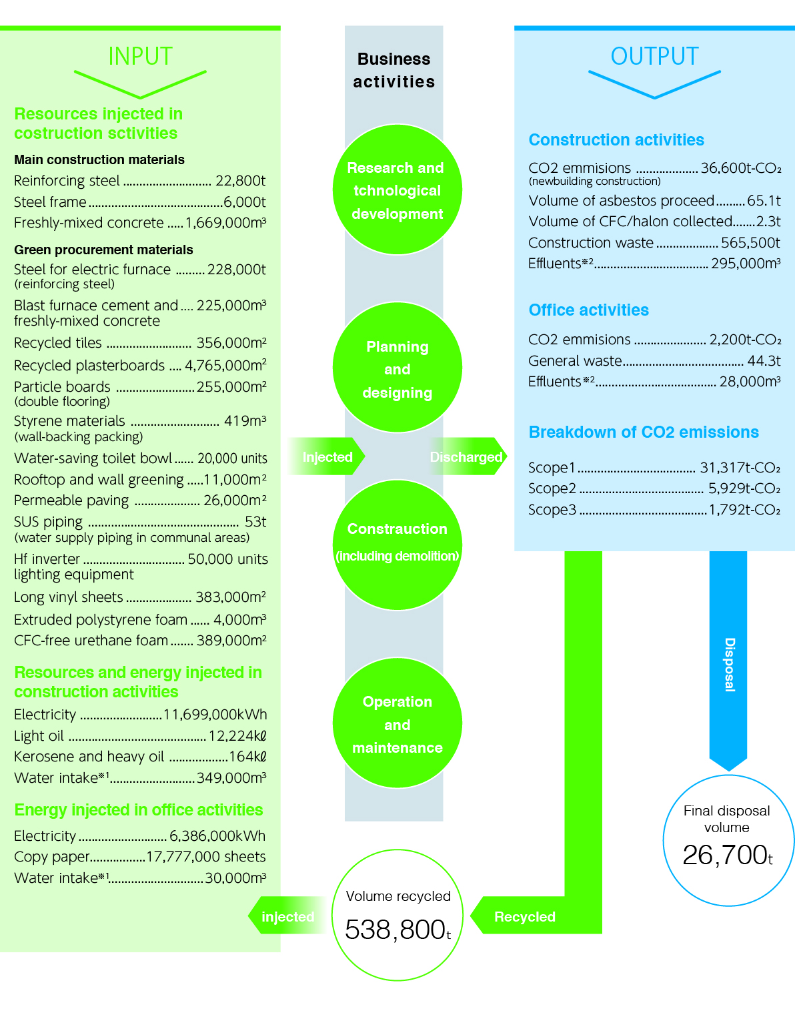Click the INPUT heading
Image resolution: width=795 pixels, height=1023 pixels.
[140, 57]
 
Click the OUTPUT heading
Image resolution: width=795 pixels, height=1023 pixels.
[654, 57]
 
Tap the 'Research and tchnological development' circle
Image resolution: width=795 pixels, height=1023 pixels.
[397, 190]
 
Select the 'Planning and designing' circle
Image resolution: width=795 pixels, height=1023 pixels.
[397, 369]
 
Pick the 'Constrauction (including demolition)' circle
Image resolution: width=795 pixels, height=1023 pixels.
[397, 544]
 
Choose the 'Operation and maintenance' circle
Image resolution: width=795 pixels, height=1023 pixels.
[397, 724]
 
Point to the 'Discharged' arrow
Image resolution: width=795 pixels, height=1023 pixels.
[467, 457]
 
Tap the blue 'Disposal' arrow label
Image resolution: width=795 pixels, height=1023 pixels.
[729, 665]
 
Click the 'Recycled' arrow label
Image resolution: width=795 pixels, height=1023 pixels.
[525, 917]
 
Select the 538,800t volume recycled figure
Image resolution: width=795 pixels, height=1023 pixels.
[397, 930]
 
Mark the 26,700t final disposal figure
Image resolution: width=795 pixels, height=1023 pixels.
[727, 855]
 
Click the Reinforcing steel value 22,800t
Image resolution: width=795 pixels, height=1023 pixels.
[240, 181]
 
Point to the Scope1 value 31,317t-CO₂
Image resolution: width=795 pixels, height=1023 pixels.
[740, 468]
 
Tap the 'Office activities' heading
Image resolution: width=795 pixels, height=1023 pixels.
[588, 310]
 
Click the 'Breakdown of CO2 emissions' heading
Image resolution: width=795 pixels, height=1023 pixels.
[644, 432]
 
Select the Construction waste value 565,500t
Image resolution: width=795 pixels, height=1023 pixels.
[750, 243]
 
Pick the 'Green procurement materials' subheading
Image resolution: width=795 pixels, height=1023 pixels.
[103, 250]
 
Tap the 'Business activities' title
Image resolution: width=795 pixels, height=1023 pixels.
[393, 70]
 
